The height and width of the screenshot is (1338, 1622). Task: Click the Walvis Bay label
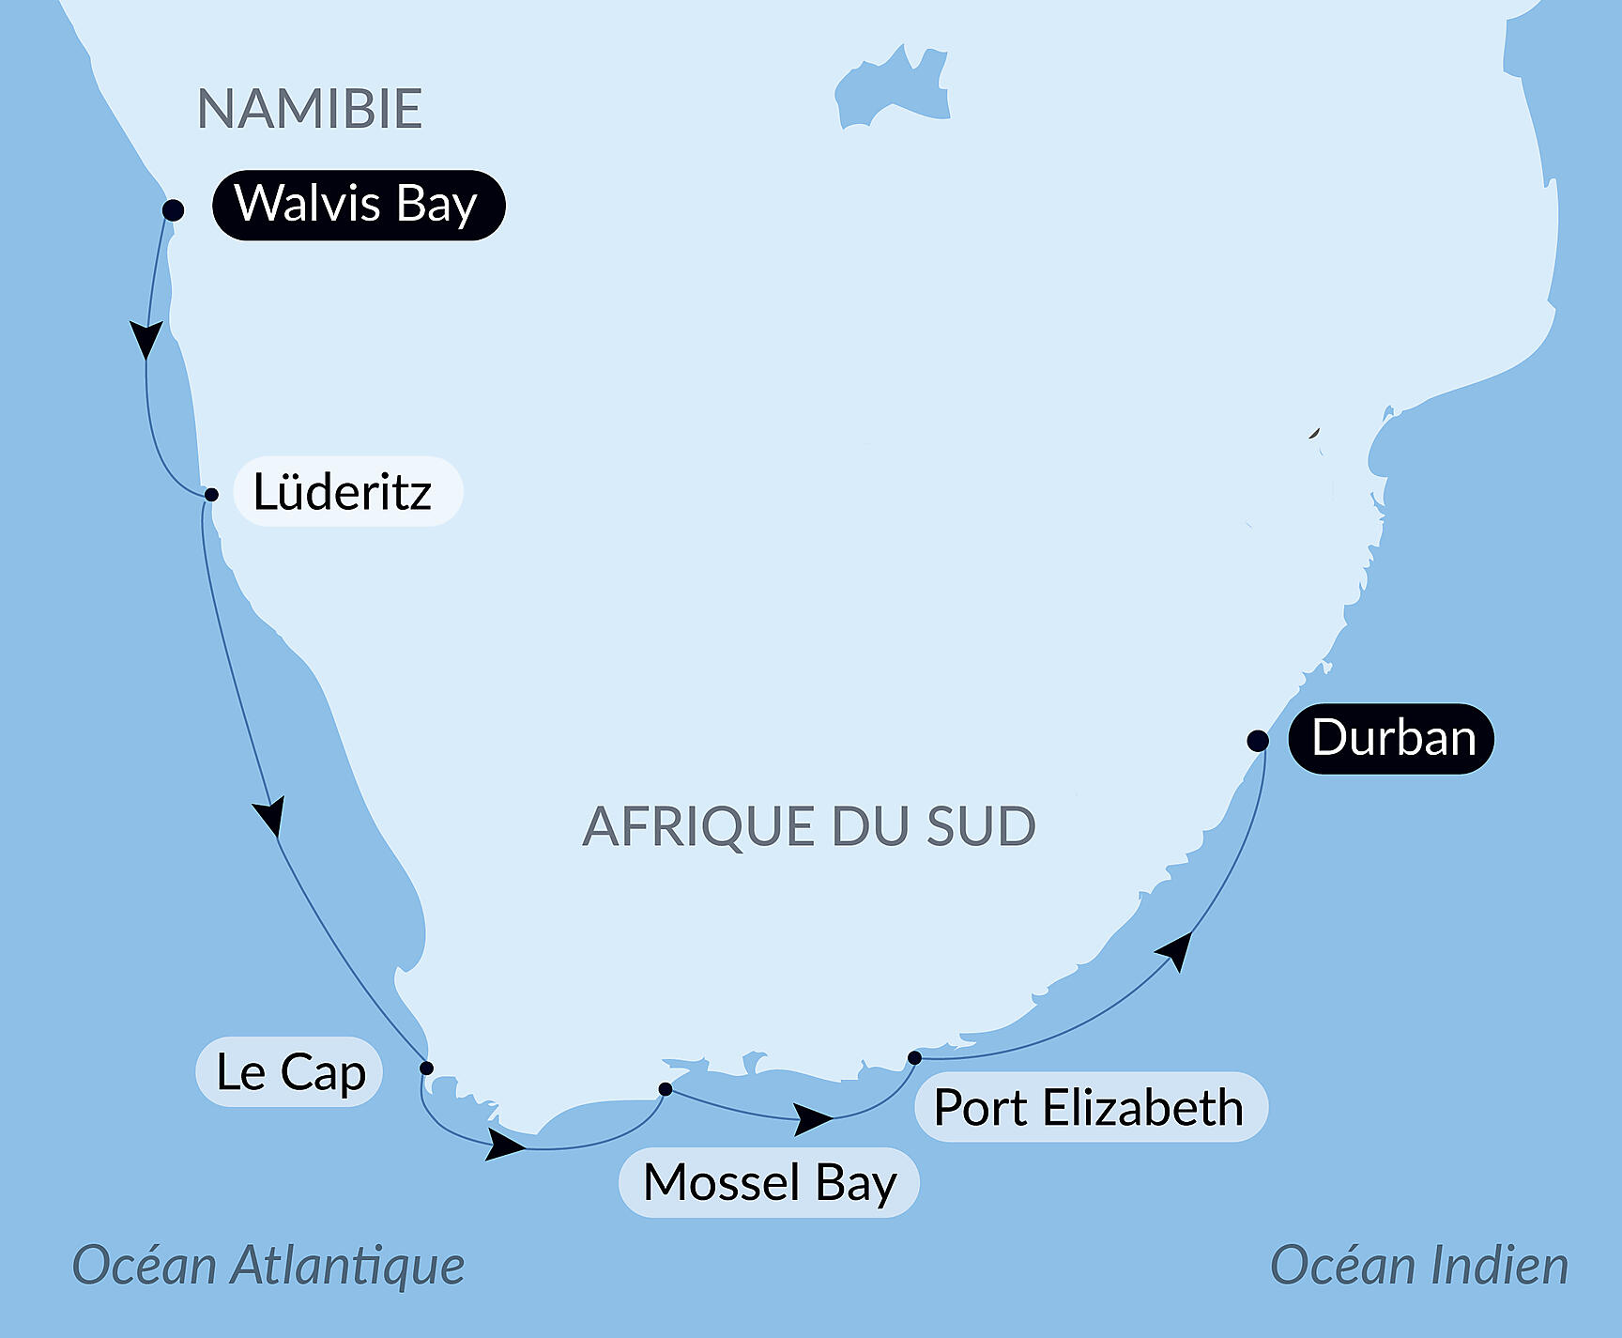358,205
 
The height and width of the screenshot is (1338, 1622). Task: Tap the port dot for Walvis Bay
173,209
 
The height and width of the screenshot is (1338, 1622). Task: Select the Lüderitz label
345,492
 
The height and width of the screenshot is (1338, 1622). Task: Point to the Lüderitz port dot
211,495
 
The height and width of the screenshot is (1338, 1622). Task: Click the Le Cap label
289,1071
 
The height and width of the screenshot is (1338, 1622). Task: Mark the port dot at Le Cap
426,1068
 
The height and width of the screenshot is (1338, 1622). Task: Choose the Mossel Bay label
769,1182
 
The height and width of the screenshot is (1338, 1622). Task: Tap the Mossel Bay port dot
666,1089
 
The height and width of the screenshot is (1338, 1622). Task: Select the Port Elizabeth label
1090,1107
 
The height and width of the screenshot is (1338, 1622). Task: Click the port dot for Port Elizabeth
914,1058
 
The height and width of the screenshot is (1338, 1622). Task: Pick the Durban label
1391,738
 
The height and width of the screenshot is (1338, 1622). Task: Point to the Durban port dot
1258,741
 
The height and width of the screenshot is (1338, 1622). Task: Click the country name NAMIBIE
310,109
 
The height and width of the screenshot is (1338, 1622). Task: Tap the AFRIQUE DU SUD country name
808,826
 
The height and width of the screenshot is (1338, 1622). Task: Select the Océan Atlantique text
268,1265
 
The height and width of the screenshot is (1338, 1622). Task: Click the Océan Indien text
1418,1265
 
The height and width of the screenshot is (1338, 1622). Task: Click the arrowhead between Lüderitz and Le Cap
270,817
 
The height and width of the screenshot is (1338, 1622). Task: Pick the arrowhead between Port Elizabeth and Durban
1177,949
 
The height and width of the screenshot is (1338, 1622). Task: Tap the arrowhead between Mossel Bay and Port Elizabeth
812,1118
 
